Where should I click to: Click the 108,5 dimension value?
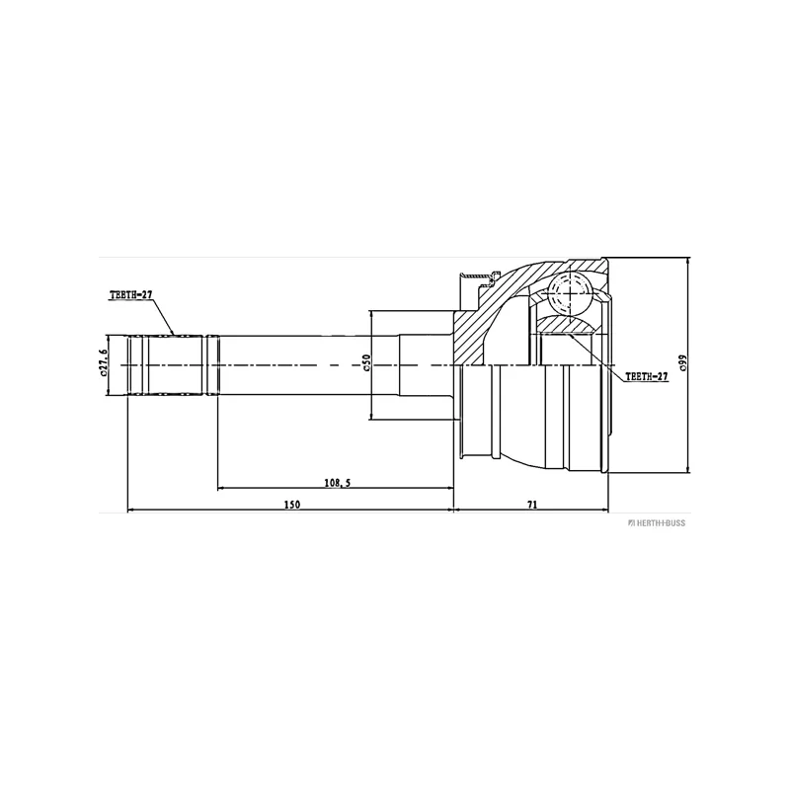click(x=337, y=482)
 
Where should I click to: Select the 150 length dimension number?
click(x=291, y=504)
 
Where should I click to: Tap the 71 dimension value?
click(x=531, y=504)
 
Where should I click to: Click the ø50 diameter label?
click(x=366, y=364)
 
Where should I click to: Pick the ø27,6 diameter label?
click(x=103, y=364)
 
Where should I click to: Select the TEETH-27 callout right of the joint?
click(x=646, y=376)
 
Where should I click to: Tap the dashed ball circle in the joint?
click(x=567, y=292)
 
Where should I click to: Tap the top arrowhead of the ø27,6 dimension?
click(x=109, y=339)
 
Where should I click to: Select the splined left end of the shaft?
click(x=168, y=365)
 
